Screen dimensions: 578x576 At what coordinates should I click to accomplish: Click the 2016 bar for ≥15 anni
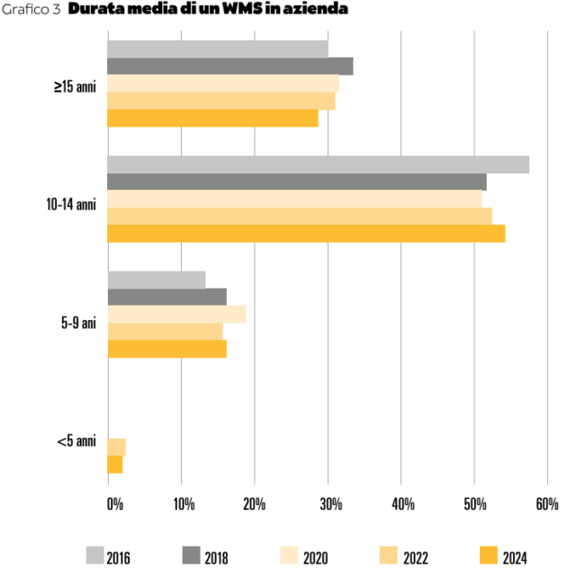[217, 49]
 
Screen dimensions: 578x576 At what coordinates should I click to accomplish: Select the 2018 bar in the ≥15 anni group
[229, 67]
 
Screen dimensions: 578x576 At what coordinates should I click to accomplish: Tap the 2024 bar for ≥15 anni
[212, 118]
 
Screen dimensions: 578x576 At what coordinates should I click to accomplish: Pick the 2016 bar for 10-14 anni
[318, 165]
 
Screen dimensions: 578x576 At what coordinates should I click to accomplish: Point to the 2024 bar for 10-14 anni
[306, 234]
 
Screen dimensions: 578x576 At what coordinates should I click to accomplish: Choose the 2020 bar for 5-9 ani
[176, 314]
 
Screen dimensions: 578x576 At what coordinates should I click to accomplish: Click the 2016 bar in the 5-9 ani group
[157, 280]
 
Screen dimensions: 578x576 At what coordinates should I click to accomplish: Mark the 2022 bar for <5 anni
[116, 447]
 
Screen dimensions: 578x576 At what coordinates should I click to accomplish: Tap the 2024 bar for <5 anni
[114, 464]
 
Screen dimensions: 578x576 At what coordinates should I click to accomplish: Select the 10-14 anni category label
[71, 204]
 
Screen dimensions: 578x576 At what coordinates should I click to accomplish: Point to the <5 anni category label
[76, 440]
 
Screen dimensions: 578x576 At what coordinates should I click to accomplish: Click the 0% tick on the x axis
[115, 505]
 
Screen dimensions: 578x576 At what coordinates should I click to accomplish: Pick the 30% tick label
[328, 505]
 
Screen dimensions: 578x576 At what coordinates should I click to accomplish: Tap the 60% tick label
[547, 505]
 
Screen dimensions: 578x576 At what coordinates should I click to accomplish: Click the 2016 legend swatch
[94, 555]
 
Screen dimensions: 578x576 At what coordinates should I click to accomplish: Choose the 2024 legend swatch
[487, 555]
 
